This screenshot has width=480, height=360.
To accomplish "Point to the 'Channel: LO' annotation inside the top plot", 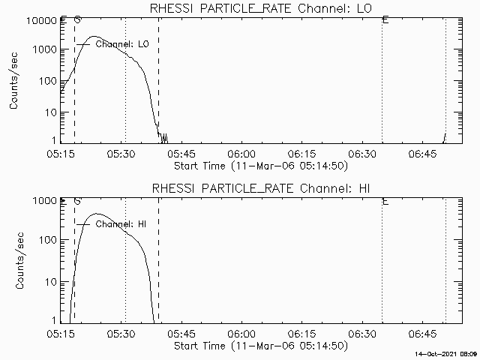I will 123,44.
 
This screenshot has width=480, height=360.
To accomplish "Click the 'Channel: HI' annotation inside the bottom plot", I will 122,224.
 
